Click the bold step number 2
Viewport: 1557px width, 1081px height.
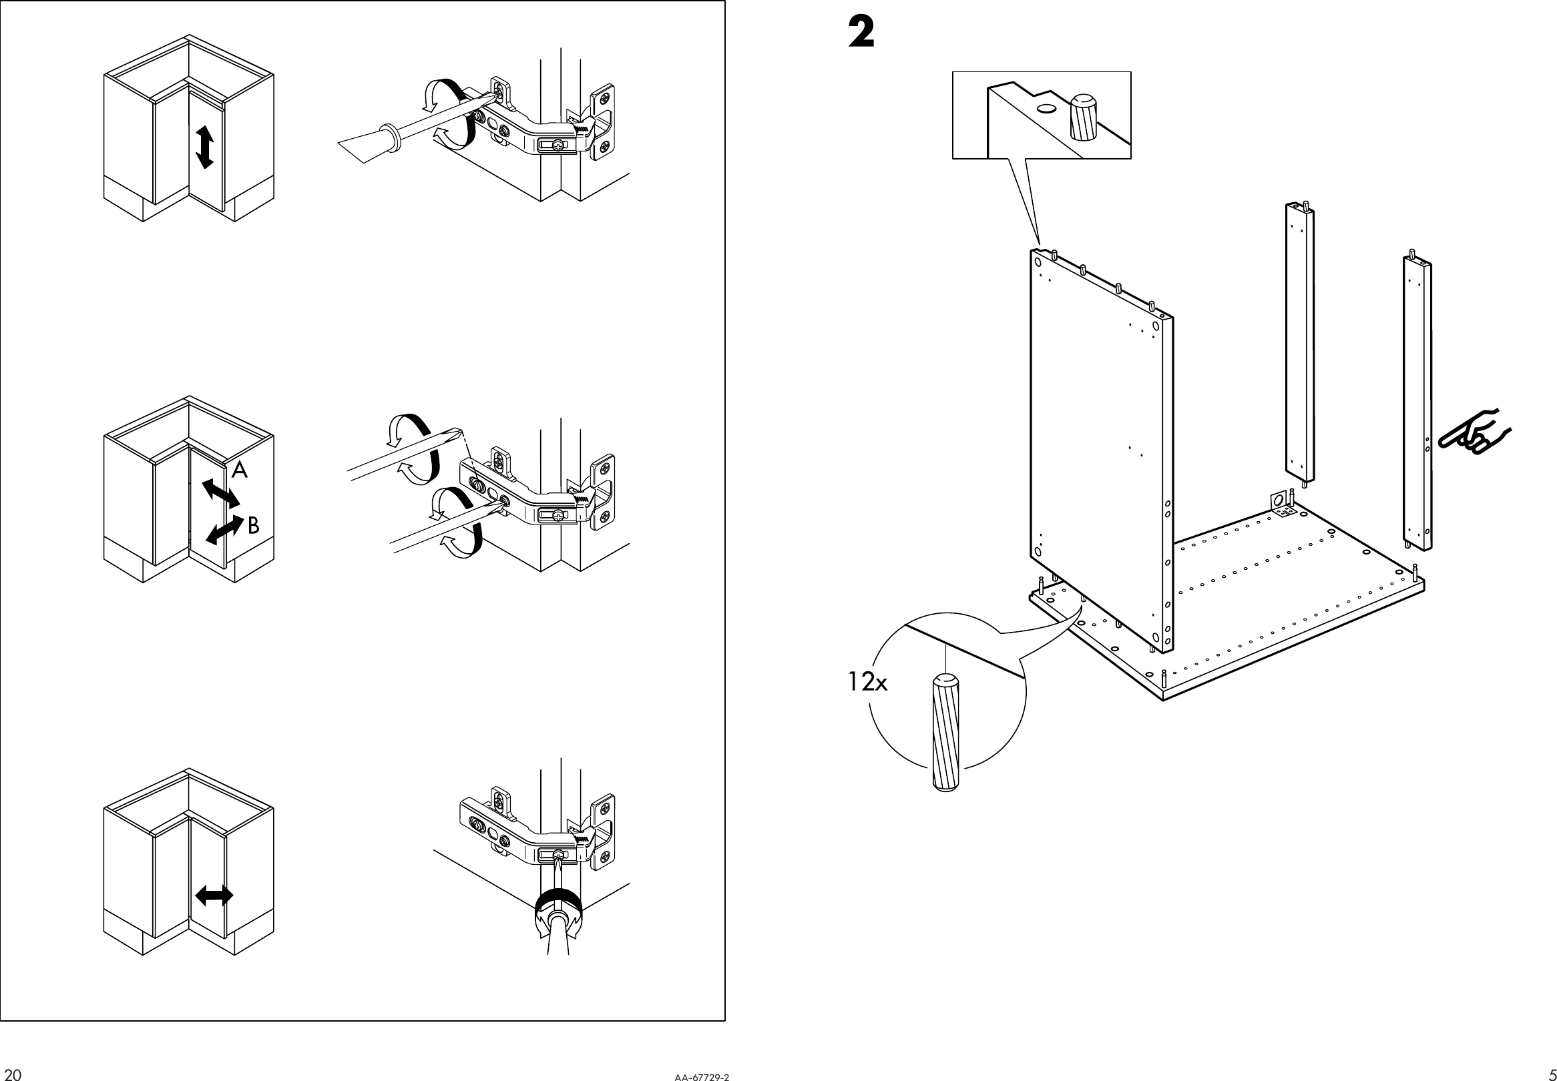click(861, 33)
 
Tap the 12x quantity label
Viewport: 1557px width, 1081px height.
click(867, 682)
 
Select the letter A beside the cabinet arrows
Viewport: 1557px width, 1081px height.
click(239, 469)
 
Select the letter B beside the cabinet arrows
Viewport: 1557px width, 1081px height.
click(253, 525)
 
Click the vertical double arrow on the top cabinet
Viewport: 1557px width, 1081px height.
click(204, 147)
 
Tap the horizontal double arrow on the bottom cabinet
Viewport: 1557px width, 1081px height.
click(214, 896)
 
